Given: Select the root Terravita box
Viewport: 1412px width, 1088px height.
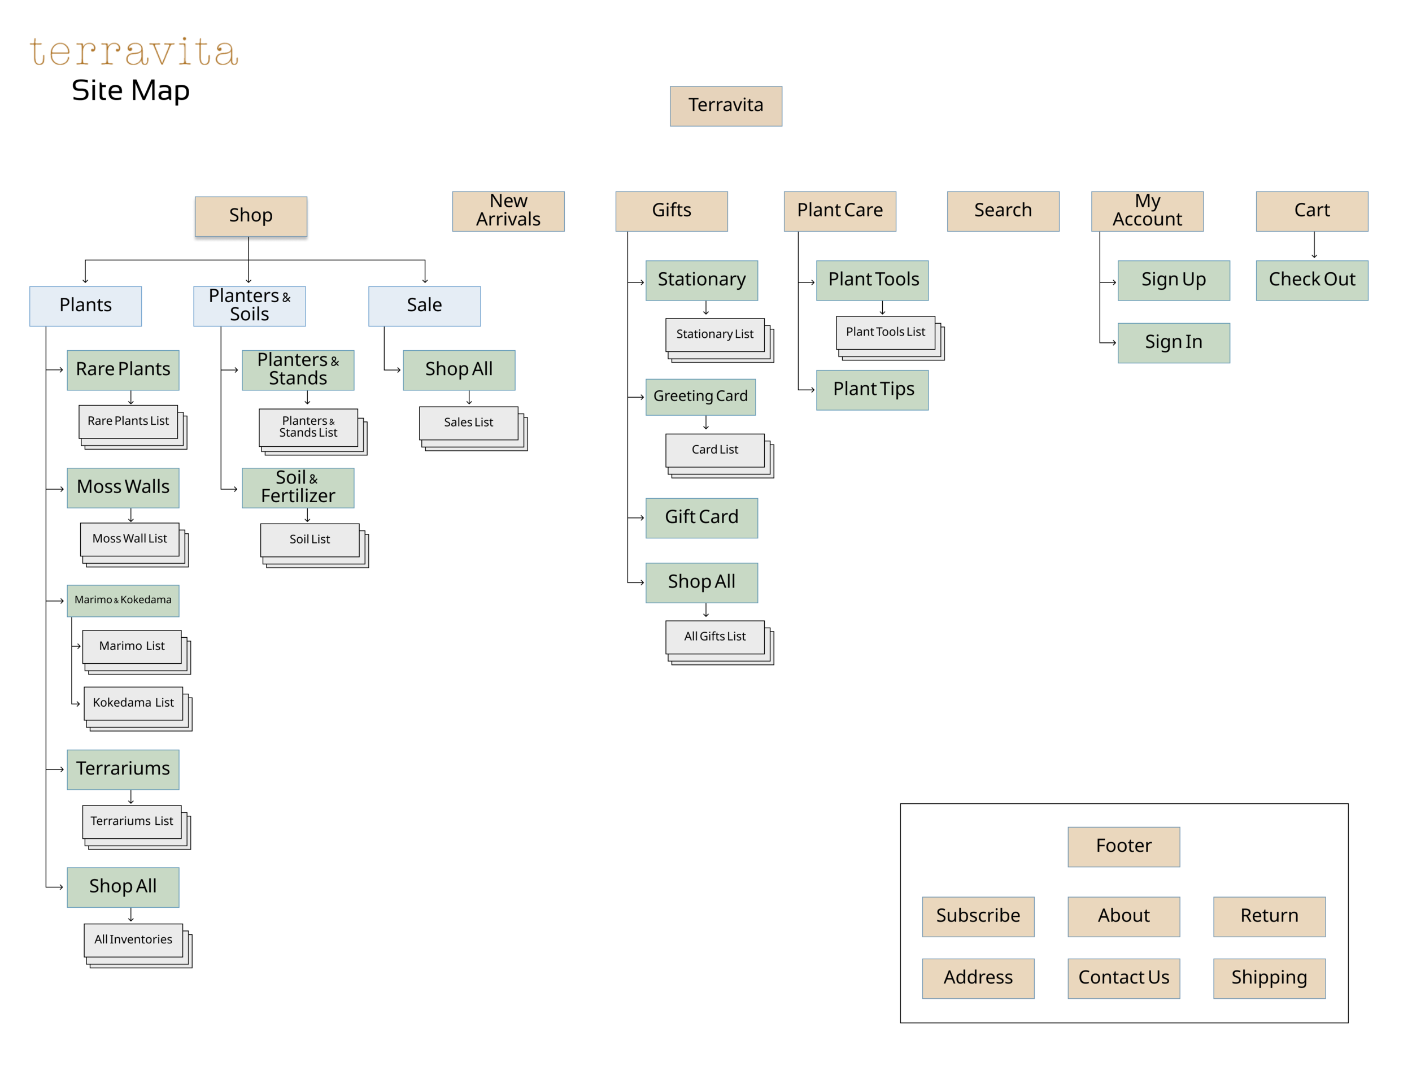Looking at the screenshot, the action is pos(725,106).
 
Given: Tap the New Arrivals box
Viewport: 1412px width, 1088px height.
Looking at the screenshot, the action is pos(508,211).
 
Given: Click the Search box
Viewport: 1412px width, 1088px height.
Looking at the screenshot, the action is pos(1003,211).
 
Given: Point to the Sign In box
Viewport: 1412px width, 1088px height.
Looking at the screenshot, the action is pos(1174,343).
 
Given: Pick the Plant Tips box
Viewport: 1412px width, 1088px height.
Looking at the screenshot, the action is pos(872,390).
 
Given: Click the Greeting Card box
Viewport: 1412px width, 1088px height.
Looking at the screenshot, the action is pos(700,397).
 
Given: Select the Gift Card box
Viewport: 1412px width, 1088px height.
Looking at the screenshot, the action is pos(701,518).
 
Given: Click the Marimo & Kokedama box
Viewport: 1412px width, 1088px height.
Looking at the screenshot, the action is pos(123,600).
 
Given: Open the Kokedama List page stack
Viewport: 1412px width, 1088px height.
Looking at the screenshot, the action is pos(133,703).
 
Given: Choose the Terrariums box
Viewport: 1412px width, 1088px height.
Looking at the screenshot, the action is pos(123,769).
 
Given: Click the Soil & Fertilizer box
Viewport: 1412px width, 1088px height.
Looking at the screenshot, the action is pos(298,488).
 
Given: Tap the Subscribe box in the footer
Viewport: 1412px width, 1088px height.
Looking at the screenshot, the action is pos(978,916).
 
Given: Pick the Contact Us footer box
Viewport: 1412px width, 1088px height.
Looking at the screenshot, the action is pos(1123,978).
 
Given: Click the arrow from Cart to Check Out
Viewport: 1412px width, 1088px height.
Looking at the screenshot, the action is pos(1314,246).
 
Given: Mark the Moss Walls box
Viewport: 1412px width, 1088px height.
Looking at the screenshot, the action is pos(123,488).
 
